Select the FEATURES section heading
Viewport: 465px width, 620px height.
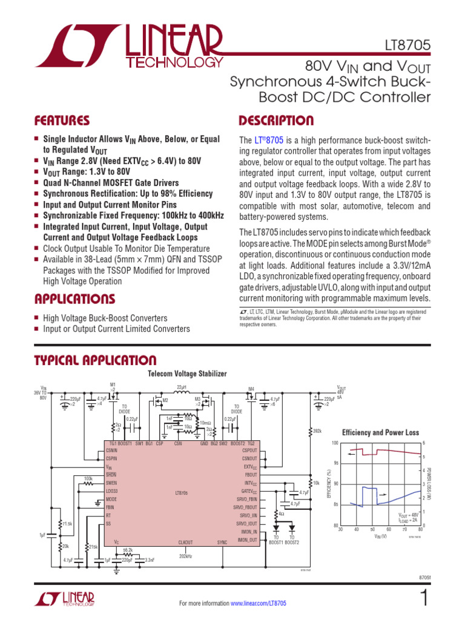[62, 120]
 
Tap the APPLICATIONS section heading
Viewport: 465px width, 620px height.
[74, 298]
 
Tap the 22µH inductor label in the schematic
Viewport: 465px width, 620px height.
[181, 386]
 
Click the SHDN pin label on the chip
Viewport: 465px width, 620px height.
[111, 475]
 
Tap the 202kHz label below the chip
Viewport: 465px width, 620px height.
[185, 555]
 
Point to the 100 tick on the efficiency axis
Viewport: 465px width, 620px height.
[334, 443]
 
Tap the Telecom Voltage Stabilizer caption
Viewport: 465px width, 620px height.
[188, 374]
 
